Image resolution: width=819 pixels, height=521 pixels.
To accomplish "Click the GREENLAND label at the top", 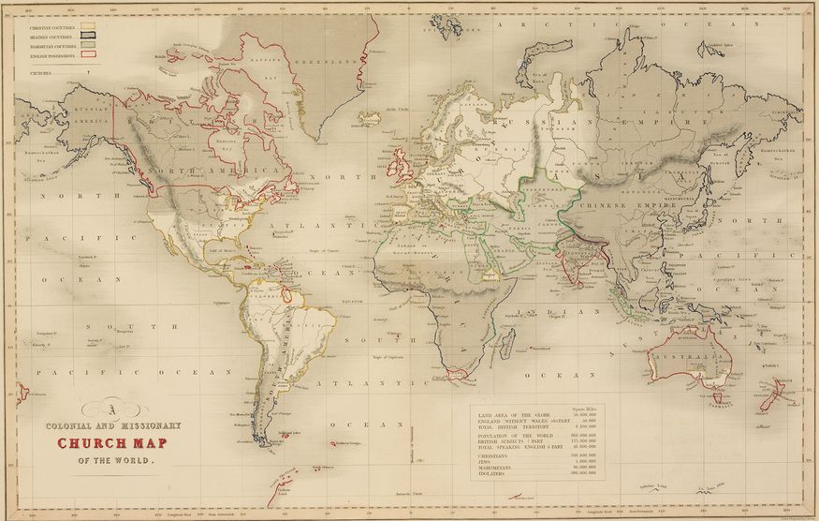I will [323, 61].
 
